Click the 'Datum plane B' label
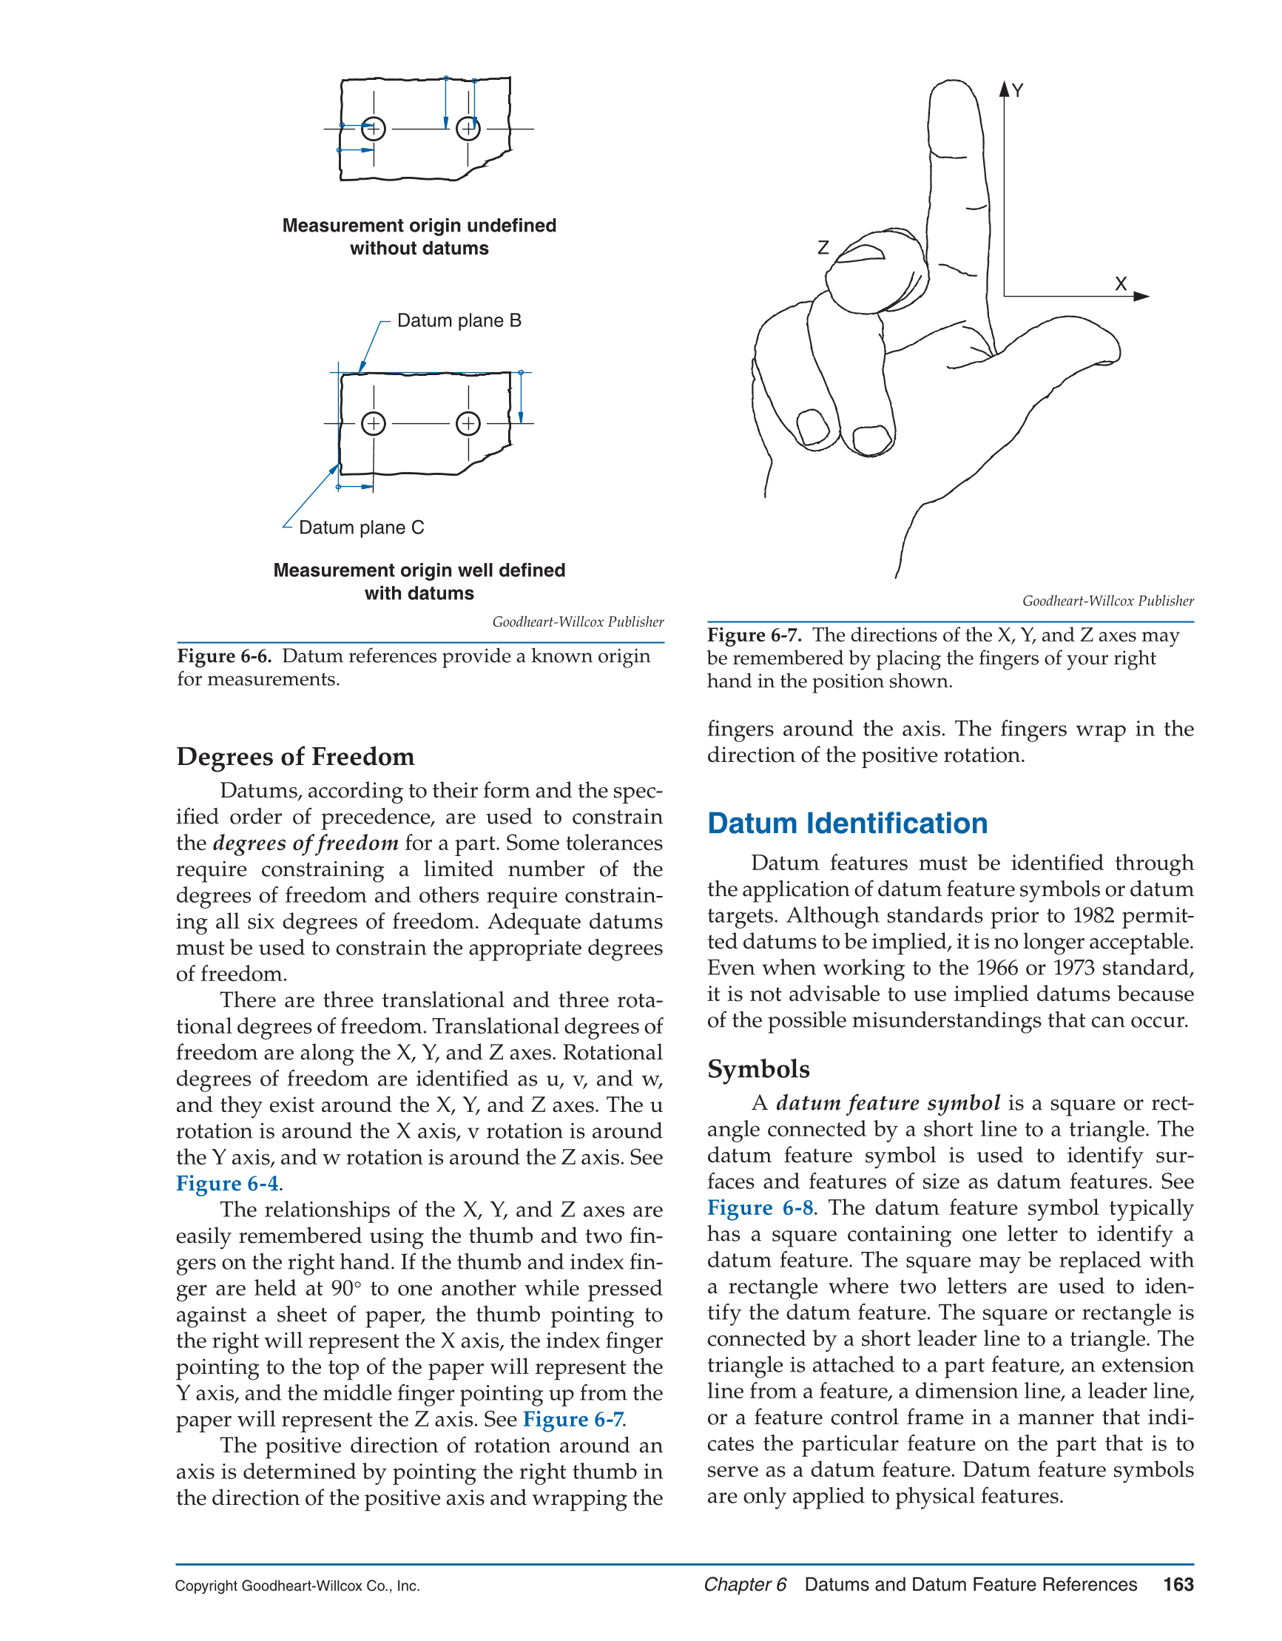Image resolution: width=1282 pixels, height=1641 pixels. tap(459, 321)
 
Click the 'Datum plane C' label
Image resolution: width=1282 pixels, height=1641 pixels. tap(362, 528)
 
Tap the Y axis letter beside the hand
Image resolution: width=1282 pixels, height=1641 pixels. tap(1017, 91)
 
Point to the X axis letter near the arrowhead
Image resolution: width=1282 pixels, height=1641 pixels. tap(1121, 284)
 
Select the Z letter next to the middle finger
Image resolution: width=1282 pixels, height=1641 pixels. tap(823, 247)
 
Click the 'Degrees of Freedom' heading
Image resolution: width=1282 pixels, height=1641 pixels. tap(295, 757)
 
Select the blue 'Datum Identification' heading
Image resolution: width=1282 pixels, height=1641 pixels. tap(847, 823)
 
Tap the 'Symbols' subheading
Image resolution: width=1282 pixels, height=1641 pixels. tap(758, 1069)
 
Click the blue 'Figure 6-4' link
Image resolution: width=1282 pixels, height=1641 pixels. tap(227, 1184)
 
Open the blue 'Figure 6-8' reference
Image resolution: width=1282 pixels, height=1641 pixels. tap(760, 1208)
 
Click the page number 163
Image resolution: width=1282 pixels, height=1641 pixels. tap(1178, 1585)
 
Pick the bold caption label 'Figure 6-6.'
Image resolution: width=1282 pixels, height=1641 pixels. tap(224, 656)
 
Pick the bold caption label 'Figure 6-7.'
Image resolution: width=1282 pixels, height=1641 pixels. tap(755, 635)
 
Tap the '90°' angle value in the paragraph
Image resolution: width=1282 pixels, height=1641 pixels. tap(346, 1289)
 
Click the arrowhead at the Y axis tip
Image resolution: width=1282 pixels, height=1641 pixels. tap(1004, 89)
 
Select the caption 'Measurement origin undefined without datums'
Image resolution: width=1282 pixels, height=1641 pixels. tap(419, 237)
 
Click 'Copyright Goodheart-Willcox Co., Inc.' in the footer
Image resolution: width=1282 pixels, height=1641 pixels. tap(297, 1586)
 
